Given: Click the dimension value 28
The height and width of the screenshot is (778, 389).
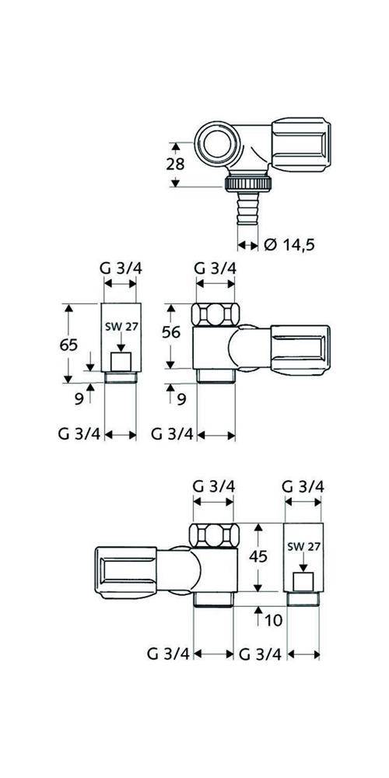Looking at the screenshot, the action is (x=175, y=164).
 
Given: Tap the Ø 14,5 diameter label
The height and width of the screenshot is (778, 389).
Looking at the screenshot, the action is (x=289, y=244).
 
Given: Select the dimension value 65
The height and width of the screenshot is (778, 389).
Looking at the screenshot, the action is (x=69, y=345).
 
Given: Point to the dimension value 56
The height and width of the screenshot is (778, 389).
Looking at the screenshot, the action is (x=171, y=332).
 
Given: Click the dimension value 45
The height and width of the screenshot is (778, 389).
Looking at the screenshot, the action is (x=258, y=556).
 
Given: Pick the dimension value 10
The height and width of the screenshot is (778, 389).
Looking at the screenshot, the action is (x=273, y=620).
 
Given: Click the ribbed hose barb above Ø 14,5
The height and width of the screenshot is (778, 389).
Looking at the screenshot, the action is (x=247, y=209).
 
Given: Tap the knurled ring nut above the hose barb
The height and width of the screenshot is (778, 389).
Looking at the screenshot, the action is (x=248, y=184).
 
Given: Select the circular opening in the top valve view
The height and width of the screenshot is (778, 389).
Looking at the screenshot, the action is (x=217, y=145).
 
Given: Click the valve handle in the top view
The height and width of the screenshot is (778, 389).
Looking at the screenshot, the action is (x=300, y=145).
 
